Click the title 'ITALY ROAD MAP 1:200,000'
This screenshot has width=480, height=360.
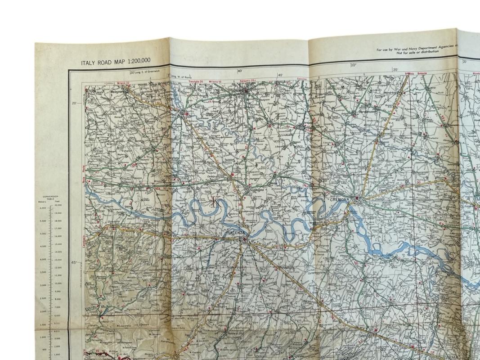(116, 62)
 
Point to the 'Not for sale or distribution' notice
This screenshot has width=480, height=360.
(417, 52)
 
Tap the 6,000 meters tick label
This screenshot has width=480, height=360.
(43, 208)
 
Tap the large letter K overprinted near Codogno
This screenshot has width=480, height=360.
(214, 201)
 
